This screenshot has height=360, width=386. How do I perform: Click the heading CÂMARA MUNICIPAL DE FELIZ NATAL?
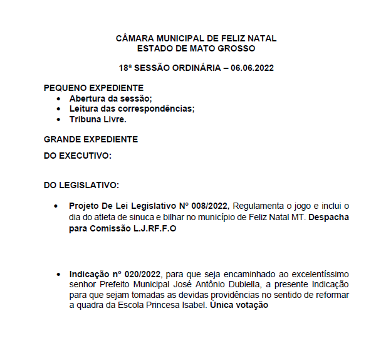tap(196, 38)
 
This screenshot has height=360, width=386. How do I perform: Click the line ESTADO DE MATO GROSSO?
tap(196, 48)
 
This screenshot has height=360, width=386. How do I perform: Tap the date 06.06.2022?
tap(252, 67)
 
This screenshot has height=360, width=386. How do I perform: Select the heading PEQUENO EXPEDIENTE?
tap(93, 88)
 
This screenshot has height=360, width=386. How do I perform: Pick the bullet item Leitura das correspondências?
tap(132, 109)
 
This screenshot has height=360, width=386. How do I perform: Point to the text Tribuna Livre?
tap(98, 119)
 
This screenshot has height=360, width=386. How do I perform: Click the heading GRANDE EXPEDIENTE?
tap(91, 139)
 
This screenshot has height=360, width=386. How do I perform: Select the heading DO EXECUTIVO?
tap(78, 156)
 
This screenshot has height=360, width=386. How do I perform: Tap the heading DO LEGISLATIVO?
tap(81, 185)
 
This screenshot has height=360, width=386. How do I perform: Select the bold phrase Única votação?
tap(239, 305)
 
